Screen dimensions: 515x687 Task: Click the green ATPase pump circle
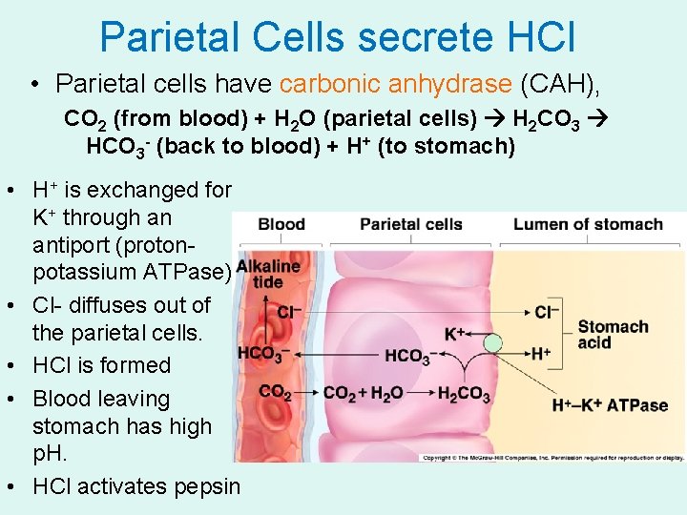(492, 343)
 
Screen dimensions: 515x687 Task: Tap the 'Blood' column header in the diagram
(281, 225)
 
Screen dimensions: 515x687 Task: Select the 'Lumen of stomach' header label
(587, 225)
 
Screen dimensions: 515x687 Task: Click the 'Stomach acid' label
(613, 335)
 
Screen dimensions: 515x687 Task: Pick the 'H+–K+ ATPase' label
(610, 405)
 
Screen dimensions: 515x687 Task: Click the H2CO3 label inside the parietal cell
(463, 393)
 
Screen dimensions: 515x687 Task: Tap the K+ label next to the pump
(456, 334)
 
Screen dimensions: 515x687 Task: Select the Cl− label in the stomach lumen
(547, 312)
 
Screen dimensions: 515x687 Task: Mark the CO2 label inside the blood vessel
(275, 392)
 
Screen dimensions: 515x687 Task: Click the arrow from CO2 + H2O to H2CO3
(419, 393)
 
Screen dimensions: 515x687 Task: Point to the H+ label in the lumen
(541, 354)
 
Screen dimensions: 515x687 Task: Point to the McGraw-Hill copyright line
(552, 459)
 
